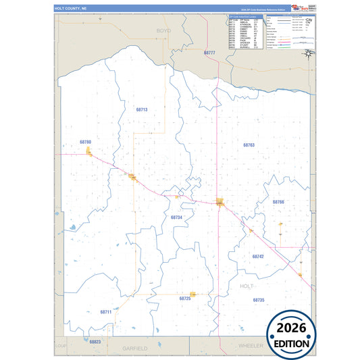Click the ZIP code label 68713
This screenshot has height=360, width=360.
tap(141, 109)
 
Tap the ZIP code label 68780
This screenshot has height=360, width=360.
tap(85, 142)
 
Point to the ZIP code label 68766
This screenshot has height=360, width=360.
tap(278, 202)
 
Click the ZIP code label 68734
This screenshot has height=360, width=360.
tap(176, 217)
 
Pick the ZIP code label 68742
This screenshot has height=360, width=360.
tap(258, 257)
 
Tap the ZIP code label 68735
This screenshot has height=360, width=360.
tap(259, 299)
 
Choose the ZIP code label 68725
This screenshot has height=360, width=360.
tap(185, 298)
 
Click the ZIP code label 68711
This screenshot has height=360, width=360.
tap(105, 312)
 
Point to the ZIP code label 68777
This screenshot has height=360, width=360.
tap(209, 53)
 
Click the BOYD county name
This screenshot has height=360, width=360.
tap(163, 31)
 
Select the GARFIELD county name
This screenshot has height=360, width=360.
tap(135, 348)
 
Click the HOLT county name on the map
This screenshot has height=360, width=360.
tap(247, 286)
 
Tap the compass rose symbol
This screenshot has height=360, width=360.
tap(308, 53)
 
